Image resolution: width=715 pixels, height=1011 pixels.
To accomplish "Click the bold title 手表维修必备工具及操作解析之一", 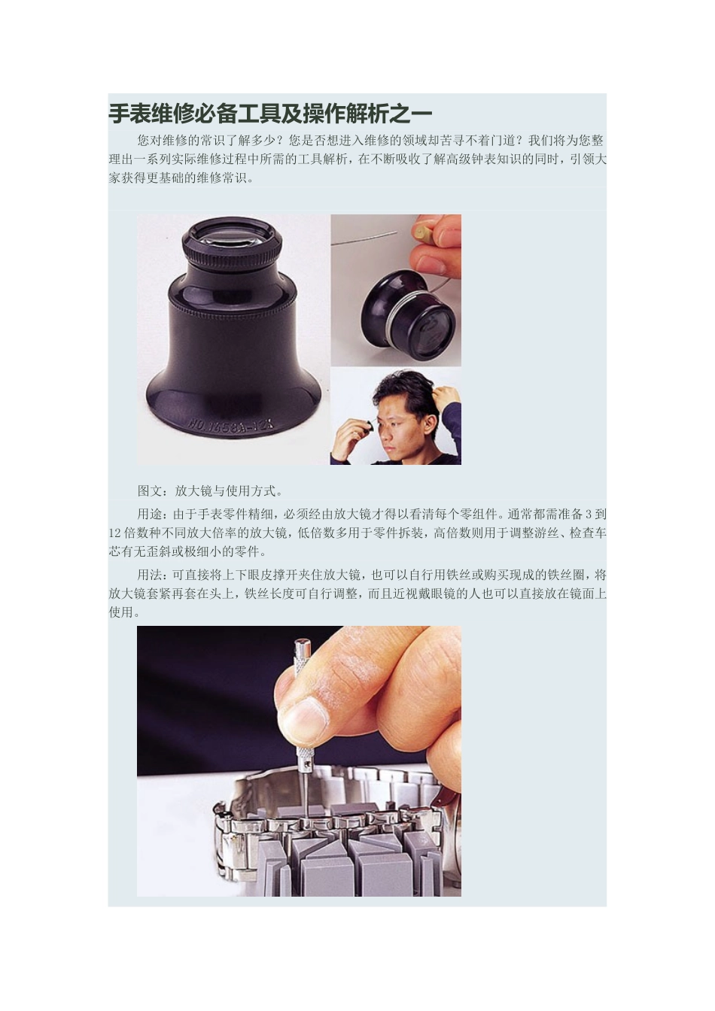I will click(x=270, y=114).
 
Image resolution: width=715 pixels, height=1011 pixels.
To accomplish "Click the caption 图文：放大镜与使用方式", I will click(x=210, y=491).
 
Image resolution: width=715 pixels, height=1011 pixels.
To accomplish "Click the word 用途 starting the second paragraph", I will click(x=149, y=515).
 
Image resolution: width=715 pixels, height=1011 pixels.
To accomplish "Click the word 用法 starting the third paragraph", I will click(x=149, y=575).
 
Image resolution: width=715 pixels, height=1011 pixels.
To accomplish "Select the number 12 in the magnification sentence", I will click(x=115, y=533).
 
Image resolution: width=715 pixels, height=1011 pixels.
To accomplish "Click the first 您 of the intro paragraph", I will click(x=143, y=141).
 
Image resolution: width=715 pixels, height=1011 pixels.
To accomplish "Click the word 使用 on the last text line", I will click(x=120, y=612).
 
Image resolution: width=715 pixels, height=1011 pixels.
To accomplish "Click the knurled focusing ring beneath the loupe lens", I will click(x=231, y=259).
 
